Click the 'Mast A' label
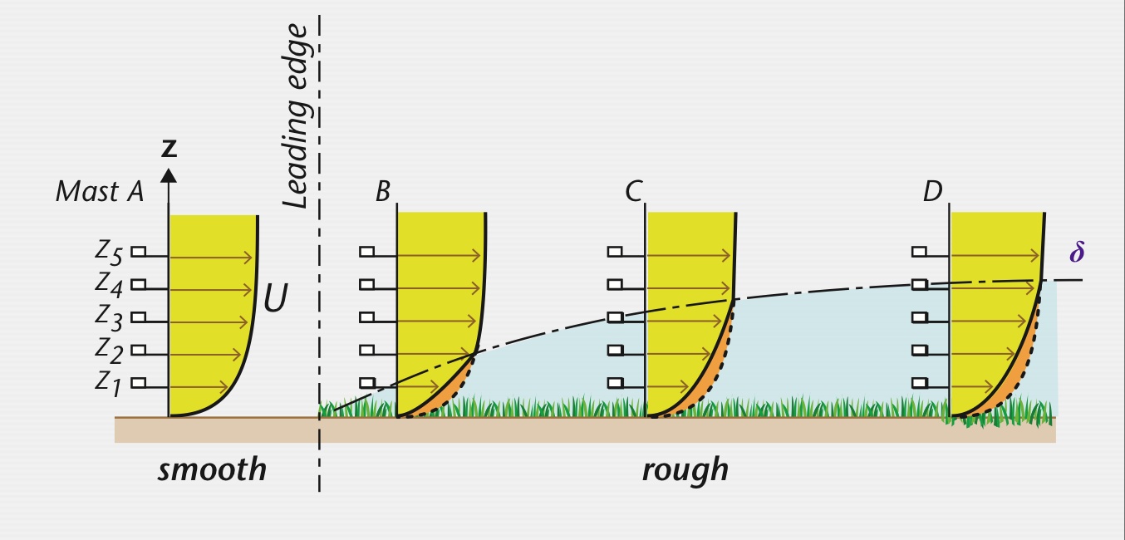click(99, 192)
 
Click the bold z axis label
click(169, 149)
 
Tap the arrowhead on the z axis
click(169, 174)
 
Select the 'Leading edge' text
click(295, 116)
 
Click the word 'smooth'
click(212, 470)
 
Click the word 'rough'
click(685, 470)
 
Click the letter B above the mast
click(382, 192)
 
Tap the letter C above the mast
click(634, 192)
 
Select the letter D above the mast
click(932, 192)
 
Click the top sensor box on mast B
click(366, 252)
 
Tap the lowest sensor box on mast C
click(615, 383)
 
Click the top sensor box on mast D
click(919, 252)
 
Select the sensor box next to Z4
click(139, 284)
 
